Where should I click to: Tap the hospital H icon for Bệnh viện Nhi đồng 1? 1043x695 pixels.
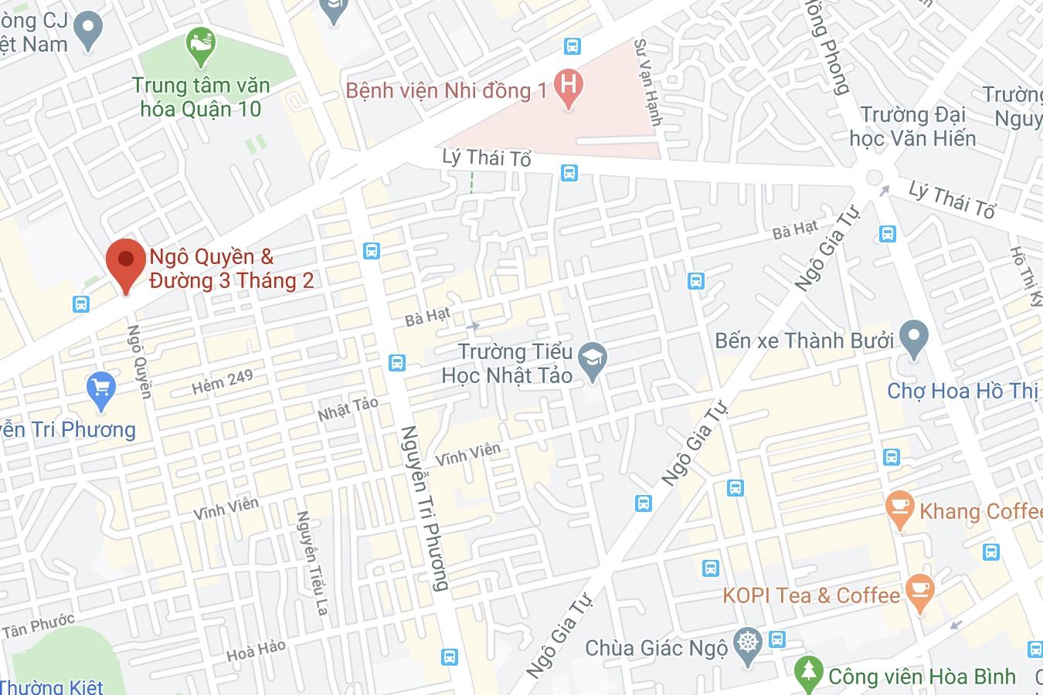(569, 85)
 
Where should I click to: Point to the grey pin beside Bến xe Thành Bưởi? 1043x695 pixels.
(913, 337)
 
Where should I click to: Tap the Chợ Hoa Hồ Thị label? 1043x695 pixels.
(963, 391)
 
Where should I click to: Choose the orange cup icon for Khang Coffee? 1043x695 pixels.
(899, 507)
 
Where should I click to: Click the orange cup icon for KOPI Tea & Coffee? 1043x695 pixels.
(919, 591)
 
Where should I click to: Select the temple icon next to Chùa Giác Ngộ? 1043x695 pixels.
(747, 642)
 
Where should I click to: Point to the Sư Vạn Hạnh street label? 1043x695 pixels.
(648, 82)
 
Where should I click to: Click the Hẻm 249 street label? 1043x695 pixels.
(223, 381)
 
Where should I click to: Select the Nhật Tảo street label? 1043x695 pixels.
(348, 409)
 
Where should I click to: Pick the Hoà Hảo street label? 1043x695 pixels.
(256, 651)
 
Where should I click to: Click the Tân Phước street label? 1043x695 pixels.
(39, 626)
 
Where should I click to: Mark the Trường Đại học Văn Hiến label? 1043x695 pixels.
(912, 127)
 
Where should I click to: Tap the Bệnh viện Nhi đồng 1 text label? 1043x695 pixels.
(447, 91)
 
